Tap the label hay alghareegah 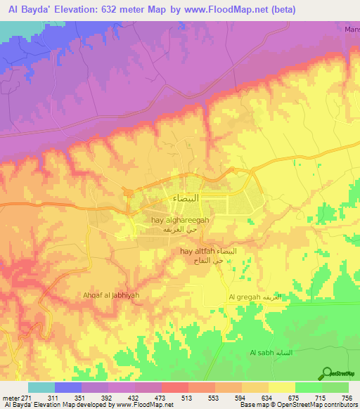coord(180,220)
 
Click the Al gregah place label coord(244,297)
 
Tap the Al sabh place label coord(262,352)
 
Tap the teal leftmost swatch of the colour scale coord(41,387)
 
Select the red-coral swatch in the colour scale coord(174,387)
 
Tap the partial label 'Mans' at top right coord(352,30)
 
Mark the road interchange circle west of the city coord(128,193)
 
